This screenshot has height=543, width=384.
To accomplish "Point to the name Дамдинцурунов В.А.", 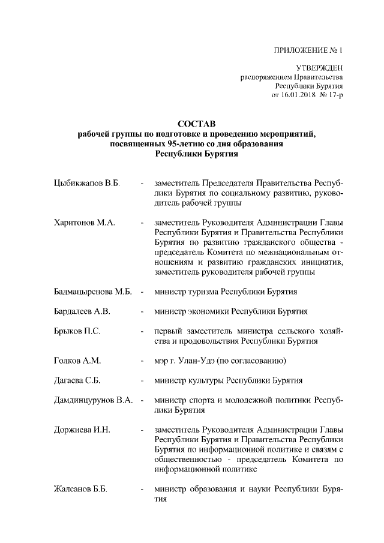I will pos(93,400).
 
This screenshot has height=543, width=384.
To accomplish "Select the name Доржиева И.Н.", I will pos(79,430).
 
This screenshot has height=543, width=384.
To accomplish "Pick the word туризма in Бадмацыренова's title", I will pos(202,292).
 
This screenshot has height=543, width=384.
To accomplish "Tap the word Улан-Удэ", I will pos(224,361).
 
